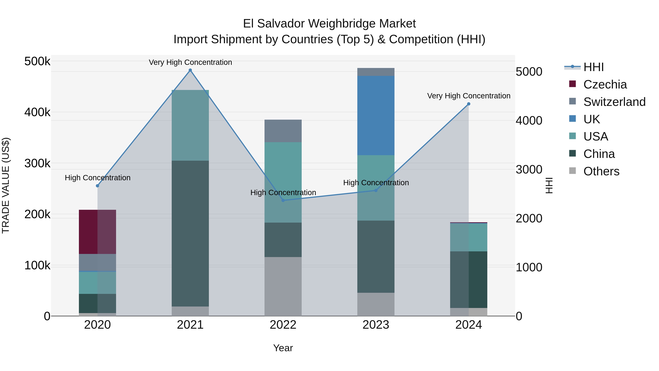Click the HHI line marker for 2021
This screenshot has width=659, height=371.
(x=190, y=70)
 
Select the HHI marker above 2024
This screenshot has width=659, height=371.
(x=468, y=104)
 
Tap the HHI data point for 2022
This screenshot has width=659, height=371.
(x=283, y=200)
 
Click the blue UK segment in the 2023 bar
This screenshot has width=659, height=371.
(x=376, y=115)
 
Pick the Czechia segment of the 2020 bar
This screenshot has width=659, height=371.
(x=97, y=232)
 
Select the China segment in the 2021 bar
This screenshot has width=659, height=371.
(x=190, y=233)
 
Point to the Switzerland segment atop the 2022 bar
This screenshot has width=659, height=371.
(x=283, y=131)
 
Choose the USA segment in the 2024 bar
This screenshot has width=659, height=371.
(x=468, y=237)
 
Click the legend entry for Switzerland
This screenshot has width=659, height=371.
(x=614, y=102)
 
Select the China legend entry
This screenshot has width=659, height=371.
(x=599, y=154)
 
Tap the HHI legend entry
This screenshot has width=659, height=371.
(x=593, y=67)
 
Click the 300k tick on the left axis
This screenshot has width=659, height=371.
(x=37, y=163)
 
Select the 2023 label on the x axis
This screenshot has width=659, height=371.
(x=376, y=325)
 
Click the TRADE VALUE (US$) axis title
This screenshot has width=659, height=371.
(x=6, y=185)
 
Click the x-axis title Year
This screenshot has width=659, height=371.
(x=283, y=348)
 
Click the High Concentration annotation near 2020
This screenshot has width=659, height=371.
(x=97, y=178)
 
